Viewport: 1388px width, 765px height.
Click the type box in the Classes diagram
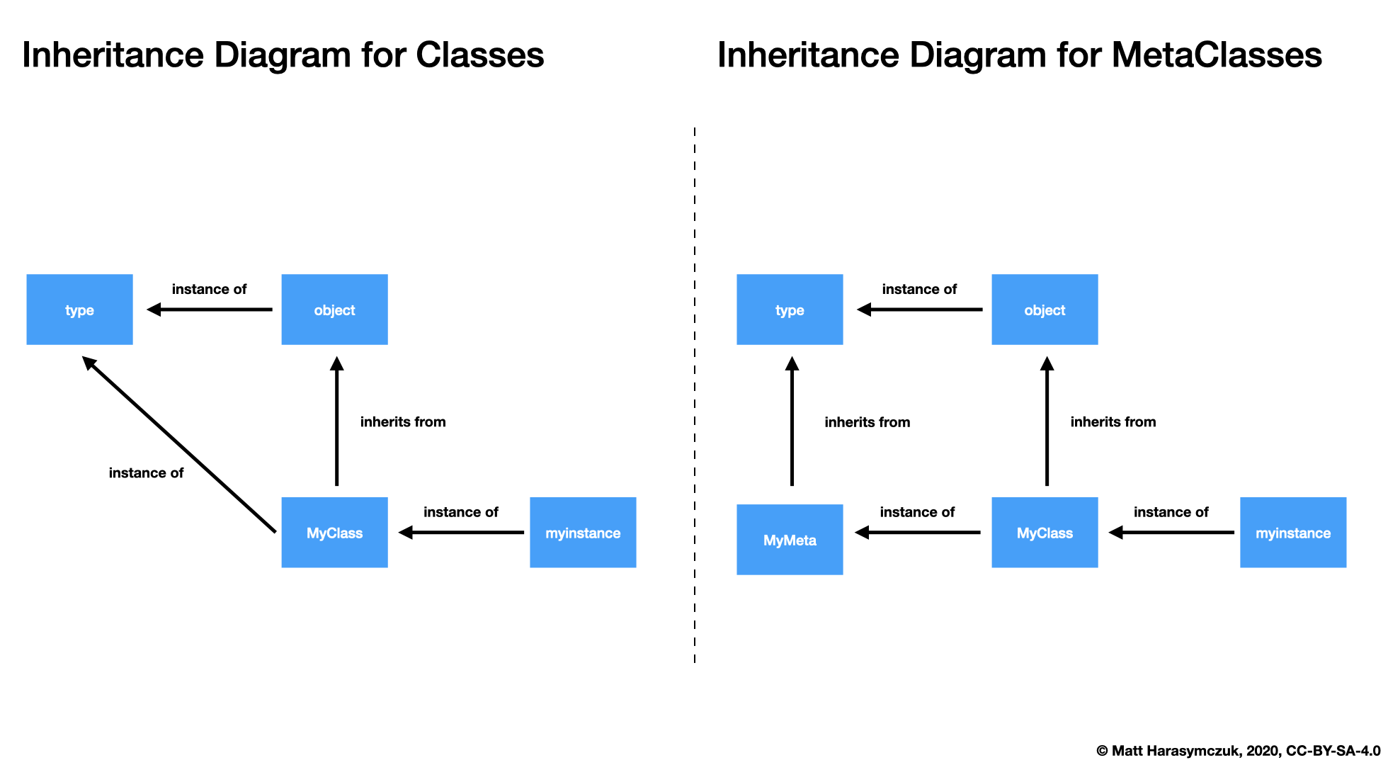tap(79, 310)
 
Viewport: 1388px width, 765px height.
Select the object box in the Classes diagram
tap(334, 310)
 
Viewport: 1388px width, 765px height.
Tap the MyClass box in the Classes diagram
tap(334, 533)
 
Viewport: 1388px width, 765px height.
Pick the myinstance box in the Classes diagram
tap(583, 533)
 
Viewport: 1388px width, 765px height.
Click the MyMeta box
tap(790, 540)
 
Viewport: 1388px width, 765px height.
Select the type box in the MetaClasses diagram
tap(790, 310)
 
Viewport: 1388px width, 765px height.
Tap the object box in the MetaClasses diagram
tap(1045, 310)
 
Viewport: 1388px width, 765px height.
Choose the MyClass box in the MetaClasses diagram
tap(1045, 533)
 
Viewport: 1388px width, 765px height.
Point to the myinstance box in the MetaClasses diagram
tap(1293, 533)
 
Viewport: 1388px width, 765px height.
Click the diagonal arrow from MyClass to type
tap(181, 445)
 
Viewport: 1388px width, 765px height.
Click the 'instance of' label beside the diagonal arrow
tap(146, 473)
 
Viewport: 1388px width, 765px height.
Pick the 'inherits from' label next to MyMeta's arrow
tap(867, 422)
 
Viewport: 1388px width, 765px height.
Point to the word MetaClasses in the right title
tap(1216, 55)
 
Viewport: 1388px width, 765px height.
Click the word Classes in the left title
tap(479, 55)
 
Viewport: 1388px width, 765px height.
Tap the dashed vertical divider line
tap(695, 397)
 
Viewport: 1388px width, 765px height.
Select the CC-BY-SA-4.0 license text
tap(1333, 751)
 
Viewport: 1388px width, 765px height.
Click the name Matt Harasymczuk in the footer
tap(1176, 751)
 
